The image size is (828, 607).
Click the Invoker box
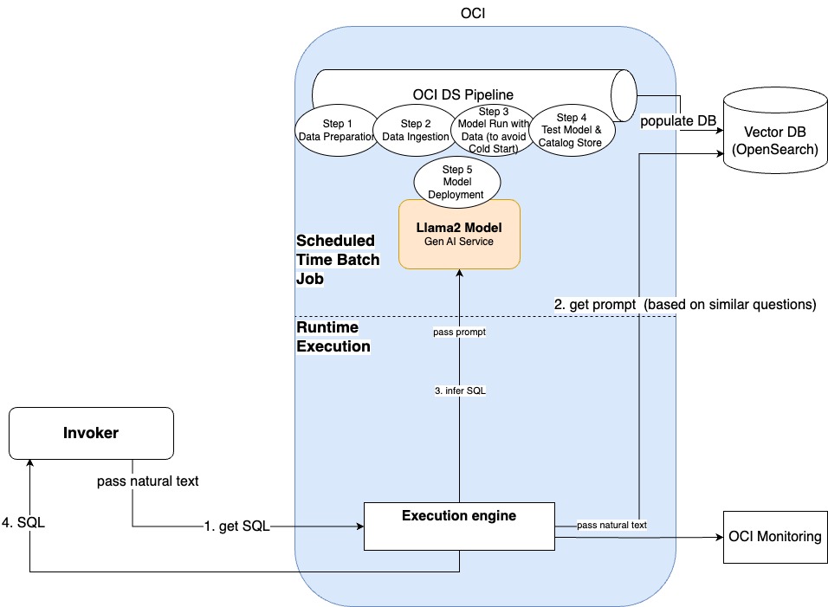91,433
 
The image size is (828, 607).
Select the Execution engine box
458,525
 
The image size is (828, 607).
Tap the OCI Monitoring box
774,537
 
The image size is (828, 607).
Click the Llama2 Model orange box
459,234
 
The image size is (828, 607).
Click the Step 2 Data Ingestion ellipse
413,130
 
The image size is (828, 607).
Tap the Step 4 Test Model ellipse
571,130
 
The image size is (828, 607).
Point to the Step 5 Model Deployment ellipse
459,181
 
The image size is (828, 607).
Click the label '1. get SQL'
236,526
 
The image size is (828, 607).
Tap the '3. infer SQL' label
459,391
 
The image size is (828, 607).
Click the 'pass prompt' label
459,333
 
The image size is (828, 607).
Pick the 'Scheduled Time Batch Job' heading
337,259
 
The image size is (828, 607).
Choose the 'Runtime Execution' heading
333,337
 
